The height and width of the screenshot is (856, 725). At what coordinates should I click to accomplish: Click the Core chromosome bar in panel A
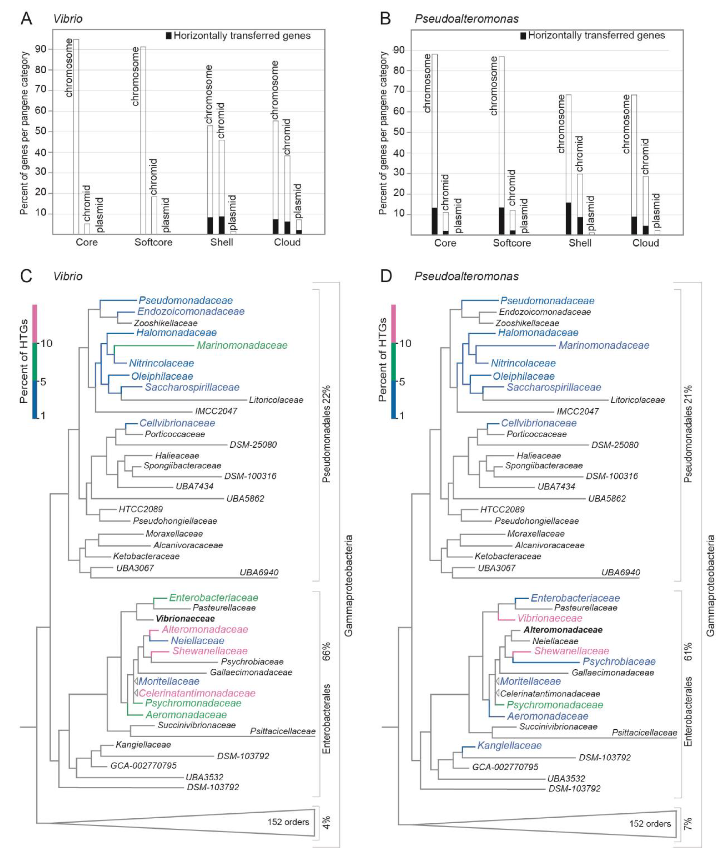[76, 136]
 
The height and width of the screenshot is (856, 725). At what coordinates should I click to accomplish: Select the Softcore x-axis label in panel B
[512, 243]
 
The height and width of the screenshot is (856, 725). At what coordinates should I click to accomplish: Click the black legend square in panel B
[523, 36]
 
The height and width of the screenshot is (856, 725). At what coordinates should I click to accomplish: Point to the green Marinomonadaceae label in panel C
[242, 345]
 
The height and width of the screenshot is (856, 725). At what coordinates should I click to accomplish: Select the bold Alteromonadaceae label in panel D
[563, 630]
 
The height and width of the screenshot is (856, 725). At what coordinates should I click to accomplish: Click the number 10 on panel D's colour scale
[405, 343]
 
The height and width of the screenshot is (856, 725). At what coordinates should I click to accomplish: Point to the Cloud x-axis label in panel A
[287, 242]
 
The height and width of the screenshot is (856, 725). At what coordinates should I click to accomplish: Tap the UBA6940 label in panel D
[621, 572]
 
